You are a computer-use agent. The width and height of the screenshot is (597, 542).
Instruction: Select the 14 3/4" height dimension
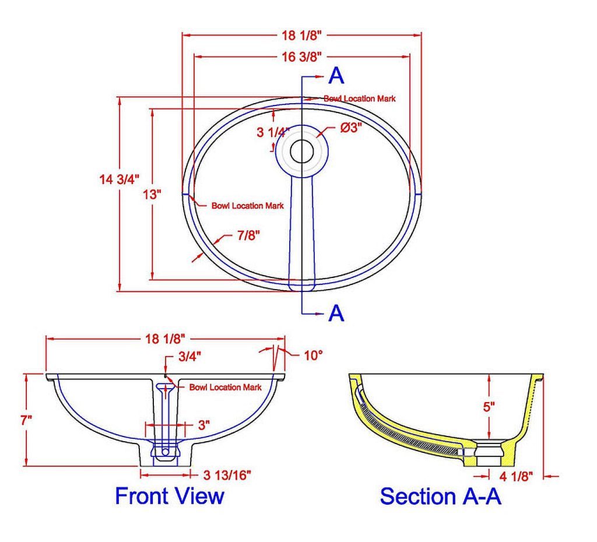(119, 180)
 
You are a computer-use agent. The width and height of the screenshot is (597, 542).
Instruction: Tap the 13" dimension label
(153, 194)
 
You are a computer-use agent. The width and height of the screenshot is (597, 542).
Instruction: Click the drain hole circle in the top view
(302, 151)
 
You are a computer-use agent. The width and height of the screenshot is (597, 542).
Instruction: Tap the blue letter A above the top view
(337, 75)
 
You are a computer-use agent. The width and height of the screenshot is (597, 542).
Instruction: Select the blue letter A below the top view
(336, 313)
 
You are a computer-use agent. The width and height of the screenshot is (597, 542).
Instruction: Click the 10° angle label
(312, 354)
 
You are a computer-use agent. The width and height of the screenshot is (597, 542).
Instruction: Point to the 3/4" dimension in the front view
(188, 357)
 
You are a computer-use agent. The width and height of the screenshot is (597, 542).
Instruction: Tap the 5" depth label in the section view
(489, 406)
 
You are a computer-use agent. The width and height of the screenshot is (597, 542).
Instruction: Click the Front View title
(169, 497)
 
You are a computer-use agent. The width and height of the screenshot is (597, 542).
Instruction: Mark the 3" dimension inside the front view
(203, 425)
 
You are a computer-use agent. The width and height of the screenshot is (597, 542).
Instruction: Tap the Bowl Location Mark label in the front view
(225, 387)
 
